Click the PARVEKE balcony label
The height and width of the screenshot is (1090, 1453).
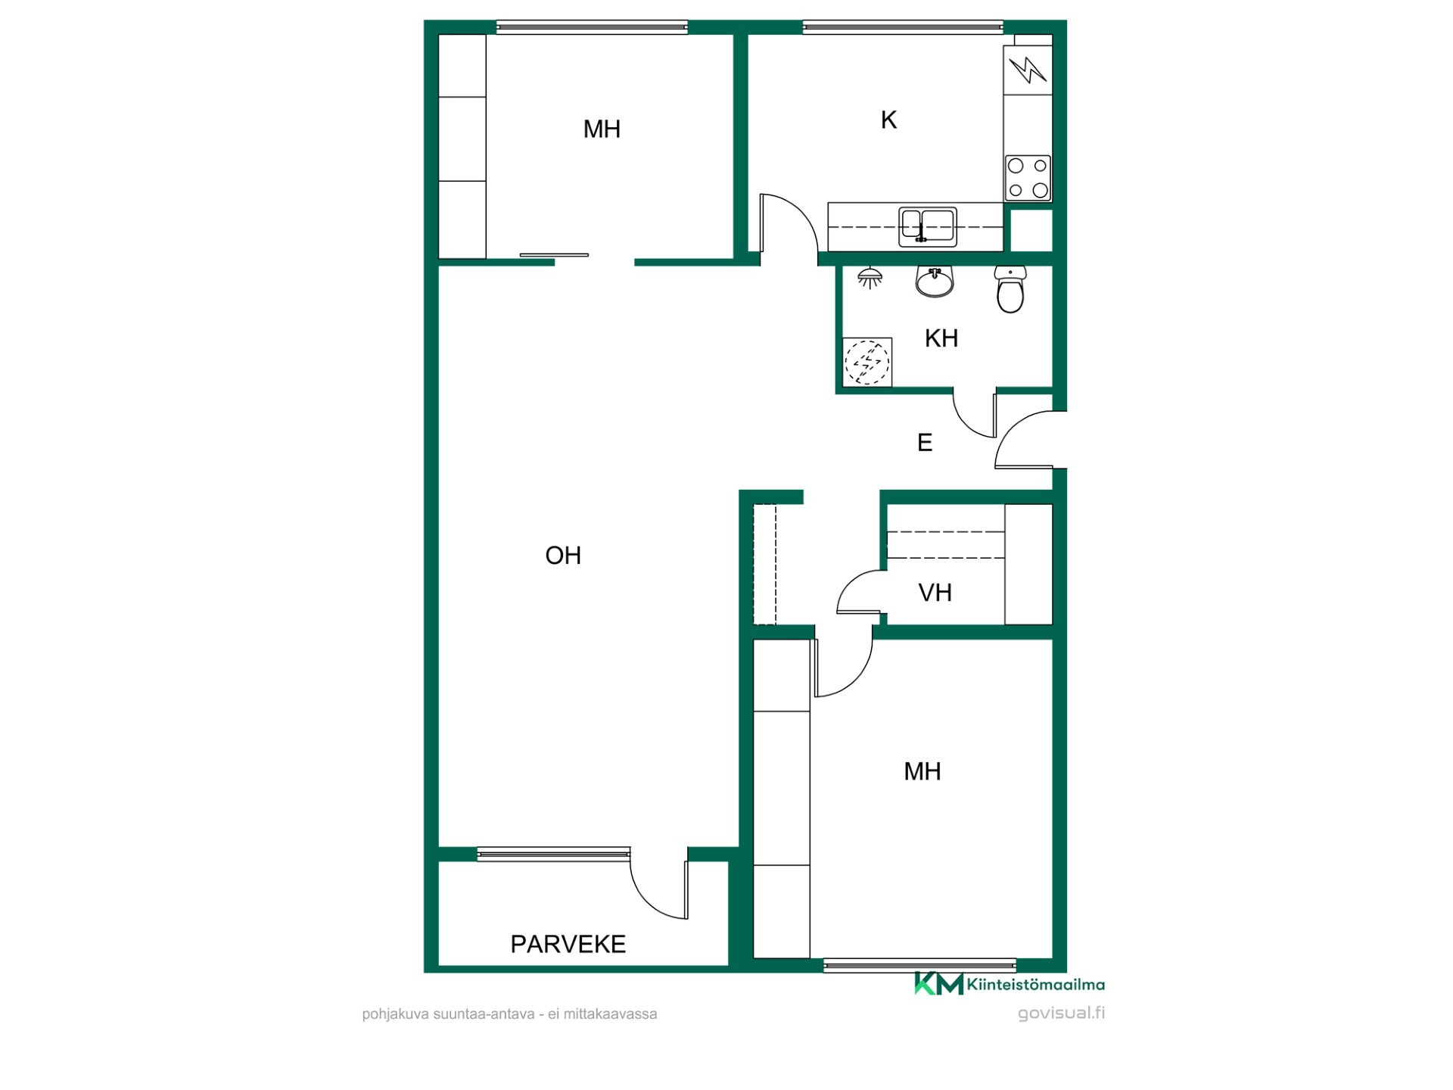coord(568,944)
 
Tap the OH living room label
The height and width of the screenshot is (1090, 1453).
coord(563,556)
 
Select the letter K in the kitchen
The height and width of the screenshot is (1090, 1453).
coord(888,120)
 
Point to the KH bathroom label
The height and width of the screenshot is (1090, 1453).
coord(941,338)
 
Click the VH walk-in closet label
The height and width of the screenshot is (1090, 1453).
coord(935,593)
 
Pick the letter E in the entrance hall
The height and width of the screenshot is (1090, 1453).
coord(924,443)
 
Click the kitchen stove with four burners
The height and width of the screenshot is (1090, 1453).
coord(1028,178)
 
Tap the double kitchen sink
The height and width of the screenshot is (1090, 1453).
coord(928,226)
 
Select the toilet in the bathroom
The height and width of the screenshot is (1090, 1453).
coord(1010,289)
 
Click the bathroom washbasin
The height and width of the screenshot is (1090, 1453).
coord(935,281)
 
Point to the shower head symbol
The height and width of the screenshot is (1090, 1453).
coord(870,278)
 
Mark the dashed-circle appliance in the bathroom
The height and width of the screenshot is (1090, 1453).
coord(867,362)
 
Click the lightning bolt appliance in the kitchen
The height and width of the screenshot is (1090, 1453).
coord(1028,70)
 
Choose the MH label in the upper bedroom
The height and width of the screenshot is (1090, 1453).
coord(602,129)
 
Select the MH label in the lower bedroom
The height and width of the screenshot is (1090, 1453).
coord(923,771)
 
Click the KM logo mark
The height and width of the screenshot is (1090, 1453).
coord(938,983)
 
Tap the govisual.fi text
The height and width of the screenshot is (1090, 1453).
coord(1061,1013)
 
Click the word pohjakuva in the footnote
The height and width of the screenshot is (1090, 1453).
coord(396,1014)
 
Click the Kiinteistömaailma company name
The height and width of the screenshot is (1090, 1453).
coord(1035,985)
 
